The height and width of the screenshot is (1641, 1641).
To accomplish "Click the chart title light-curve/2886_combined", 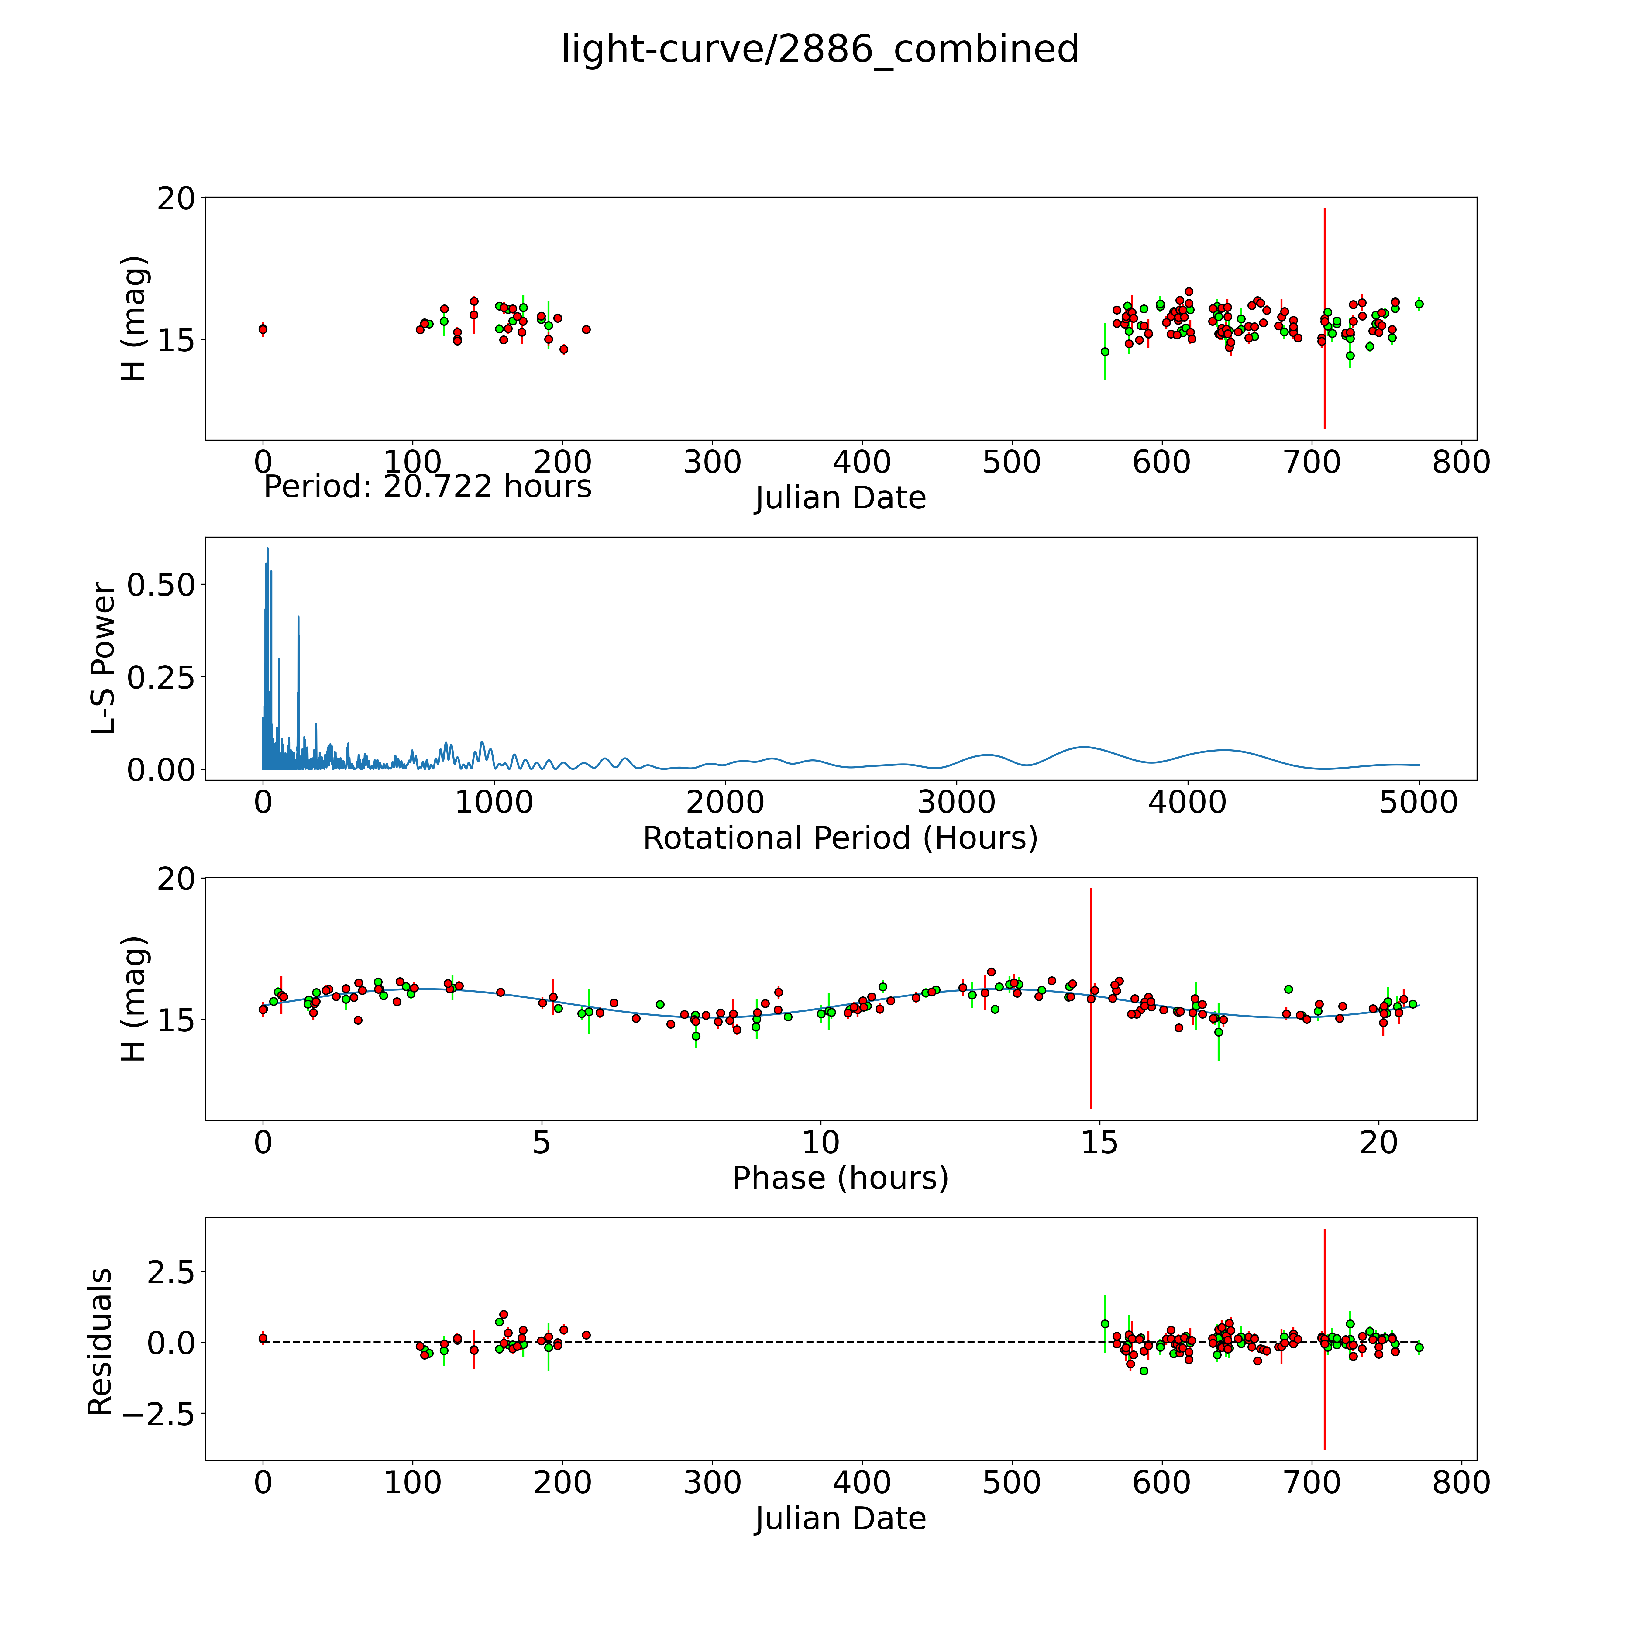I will point(820,49).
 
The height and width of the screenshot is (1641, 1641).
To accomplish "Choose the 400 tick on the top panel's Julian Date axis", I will point(862,463).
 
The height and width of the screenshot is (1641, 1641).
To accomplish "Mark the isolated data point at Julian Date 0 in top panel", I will point(263,329).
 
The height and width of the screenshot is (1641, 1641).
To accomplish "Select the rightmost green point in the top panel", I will point(1419,304).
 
